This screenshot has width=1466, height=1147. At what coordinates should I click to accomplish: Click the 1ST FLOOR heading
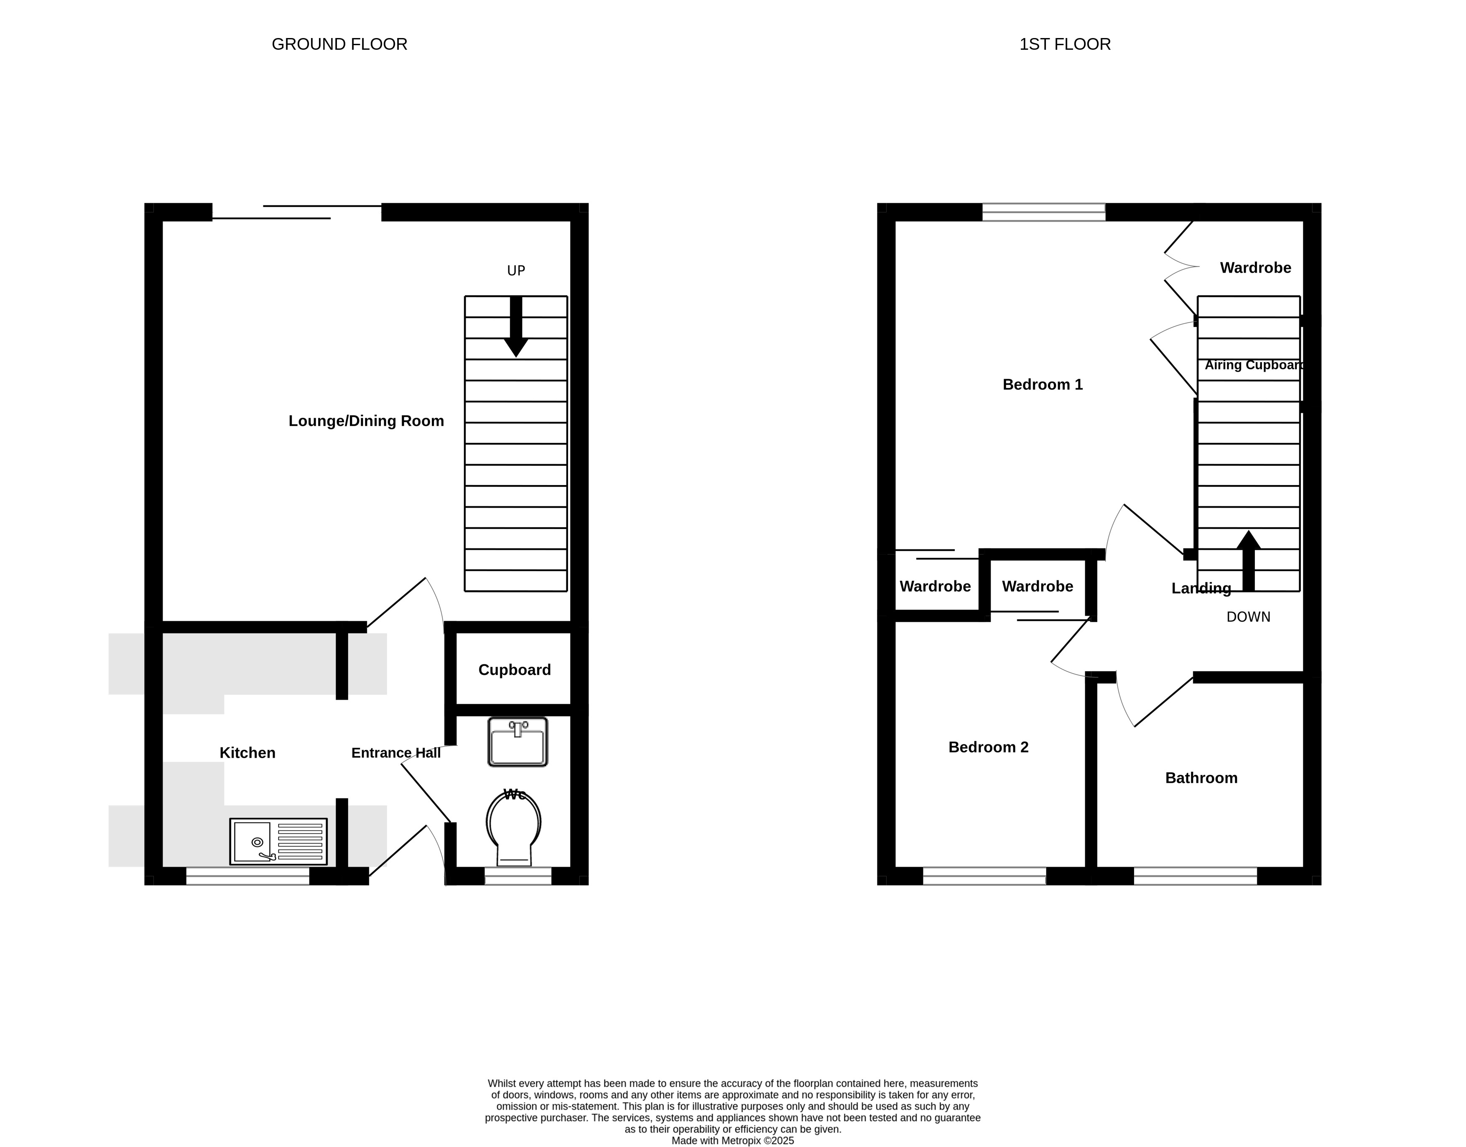(x=1065, y=44)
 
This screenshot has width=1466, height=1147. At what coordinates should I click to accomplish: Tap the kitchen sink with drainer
(x=278, y=841)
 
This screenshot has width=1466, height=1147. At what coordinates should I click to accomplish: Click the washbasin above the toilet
(x=518, y=742)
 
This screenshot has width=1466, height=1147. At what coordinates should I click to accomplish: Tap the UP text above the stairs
(x=515, y=271)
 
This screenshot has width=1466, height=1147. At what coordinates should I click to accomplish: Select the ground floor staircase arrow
(x=515, y=327)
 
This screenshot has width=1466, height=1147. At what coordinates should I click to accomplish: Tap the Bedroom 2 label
(x=988, y=747)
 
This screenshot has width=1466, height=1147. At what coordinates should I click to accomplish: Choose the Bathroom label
(x=1201, y=778)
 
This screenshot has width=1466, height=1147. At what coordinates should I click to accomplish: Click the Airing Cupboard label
(x=1254, y=365)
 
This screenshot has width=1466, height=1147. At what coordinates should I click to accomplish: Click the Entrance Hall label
(x=395, y=753)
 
